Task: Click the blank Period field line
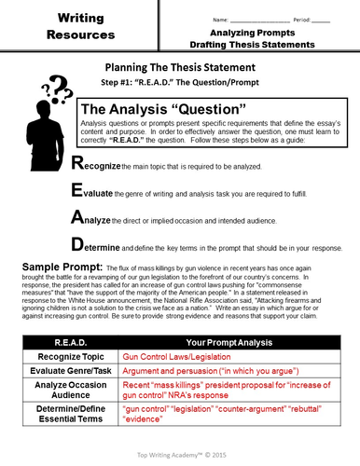[321, 18]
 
